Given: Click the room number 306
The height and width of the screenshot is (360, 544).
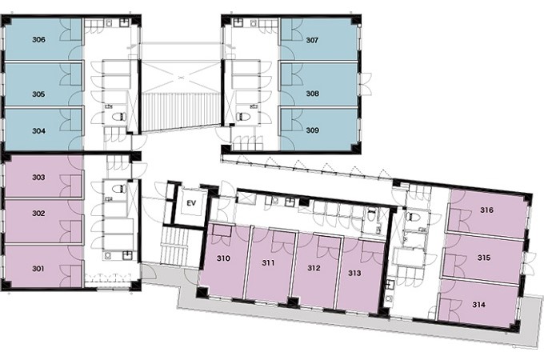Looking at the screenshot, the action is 38,39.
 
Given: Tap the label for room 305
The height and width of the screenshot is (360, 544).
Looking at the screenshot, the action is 38,94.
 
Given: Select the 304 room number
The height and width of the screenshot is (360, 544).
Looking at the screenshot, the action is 38,130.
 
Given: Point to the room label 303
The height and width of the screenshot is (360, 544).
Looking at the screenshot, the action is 38,178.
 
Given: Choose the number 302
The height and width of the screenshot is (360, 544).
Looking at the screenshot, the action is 38,214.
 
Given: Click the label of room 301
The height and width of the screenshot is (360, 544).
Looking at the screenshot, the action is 38,268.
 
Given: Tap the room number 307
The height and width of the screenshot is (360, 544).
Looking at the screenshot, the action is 312,40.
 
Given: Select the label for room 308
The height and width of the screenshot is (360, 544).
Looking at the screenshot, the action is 313,94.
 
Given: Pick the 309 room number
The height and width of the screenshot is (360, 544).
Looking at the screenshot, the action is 313,130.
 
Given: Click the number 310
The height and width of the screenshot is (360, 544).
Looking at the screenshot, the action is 223,258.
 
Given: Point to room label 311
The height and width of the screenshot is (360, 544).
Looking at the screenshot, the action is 268,263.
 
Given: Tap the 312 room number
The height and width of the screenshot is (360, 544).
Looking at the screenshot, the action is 314,268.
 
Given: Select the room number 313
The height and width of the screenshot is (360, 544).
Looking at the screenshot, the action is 354,273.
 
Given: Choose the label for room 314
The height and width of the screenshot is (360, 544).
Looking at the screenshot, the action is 478,305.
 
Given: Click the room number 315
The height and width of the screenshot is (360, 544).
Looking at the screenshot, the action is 484,258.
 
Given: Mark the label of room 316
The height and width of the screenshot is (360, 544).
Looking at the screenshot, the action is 486,210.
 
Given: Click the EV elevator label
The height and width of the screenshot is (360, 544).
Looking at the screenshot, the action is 191,203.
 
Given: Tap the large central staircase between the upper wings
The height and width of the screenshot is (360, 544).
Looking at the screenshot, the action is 181,111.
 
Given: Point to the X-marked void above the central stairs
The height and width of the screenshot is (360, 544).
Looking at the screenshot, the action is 181,76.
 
